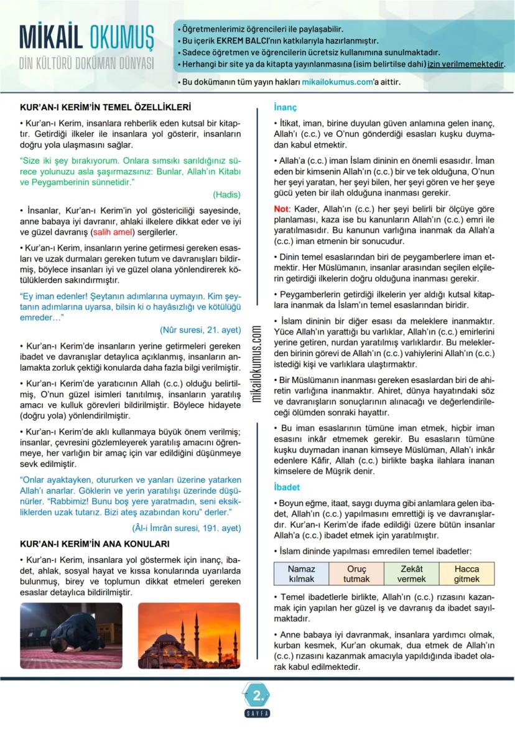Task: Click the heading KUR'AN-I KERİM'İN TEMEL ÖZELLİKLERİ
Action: [x=105, y=107]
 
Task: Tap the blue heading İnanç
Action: [x=285, y=107]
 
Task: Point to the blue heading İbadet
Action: [x=287, y=486]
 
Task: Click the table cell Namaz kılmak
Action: [x=302, y=573]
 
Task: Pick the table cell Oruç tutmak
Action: [x=356, y=573]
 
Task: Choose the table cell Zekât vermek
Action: [x=411, y=573]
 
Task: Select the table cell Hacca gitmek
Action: [x=466, y=573]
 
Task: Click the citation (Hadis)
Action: [x=226, y=194]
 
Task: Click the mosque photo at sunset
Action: [x=188, y=635]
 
